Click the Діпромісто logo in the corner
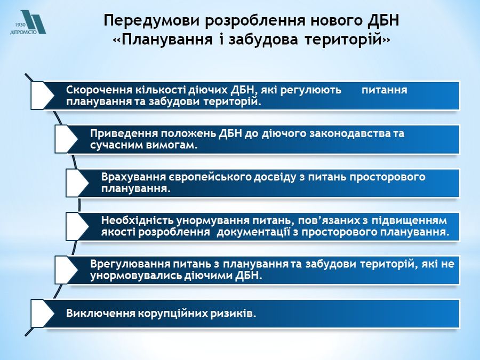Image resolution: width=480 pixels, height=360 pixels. (28, 22)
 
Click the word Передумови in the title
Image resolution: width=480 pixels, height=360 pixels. (151, 21)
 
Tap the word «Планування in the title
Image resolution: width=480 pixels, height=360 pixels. (163, 40)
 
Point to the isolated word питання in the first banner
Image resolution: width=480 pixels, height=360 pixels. (384, 90)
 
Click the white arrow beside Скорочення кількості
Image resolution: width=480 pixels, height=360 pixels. (43, 95)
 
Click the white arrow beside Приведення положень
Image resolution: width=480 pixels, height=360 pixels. (67, 139)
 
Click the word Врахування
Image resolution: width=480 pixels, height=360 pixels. (133, 177)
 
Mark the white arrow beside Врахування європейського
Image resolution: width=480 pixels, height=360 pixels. (78, 182)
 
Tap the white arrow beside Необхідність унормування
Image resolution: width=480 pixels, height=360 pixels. (78, 226)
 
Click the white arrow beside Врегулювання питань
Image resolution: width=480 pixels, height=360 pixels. (67, 270)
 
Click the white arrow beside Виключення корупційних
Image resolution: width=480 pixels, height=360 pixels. (43, 314)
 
